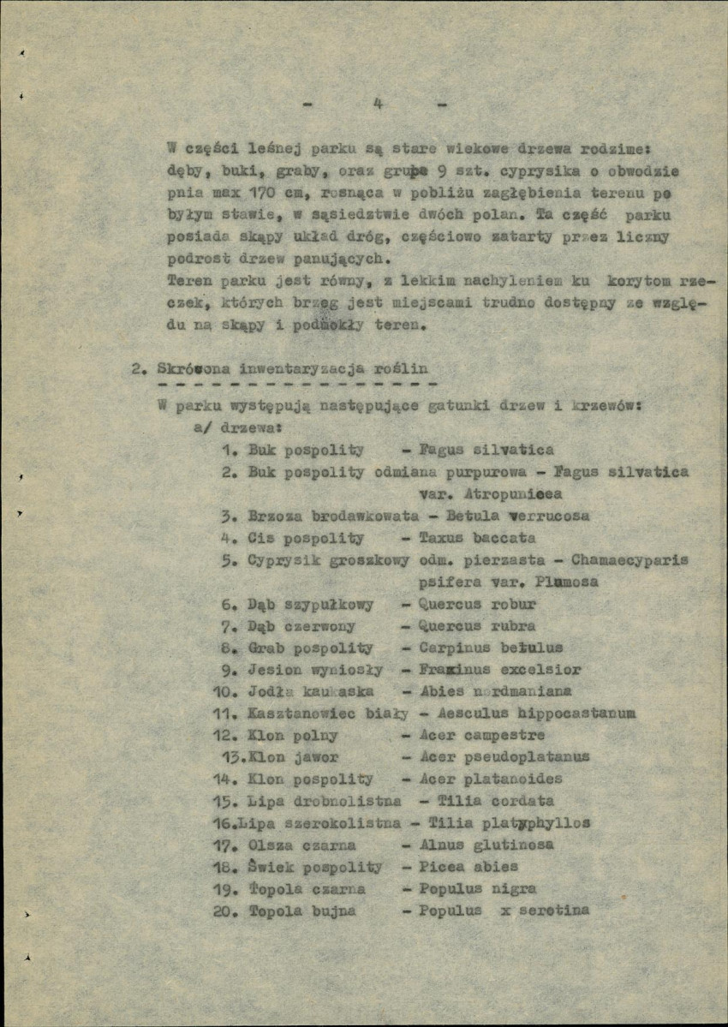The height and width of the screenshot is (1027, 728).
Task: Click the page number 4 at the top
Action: coord(377,104)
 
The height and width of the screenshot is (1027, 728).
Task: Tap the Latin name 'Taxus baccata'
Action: coord(477,538)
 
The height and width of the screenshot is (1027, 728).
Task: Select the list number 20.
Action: coord(224,911)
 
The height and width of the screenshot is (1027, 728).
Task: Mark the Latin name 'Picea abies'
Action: coord(468,867)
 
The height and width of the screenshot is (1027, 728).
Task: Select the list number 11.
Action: coord(224,714)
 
